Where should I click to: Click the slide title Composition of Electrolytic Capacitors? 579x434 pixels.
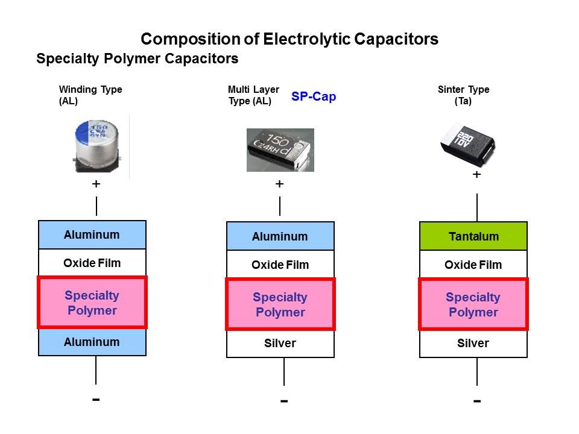289,40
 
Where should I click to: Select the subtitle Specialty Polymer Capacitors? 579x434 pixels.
137,59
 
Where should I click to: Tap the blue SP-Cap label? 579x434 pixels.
314,96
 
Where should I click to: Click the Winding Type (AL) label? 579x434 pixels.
90,95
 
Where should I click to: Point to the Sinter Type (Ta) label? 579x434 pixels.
463,95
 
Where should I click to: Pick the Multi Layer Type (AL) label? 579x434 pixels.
253,95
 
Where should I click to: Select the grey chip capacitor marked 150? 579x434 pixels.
280,149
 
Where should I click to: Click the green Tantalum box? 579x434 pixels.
473,236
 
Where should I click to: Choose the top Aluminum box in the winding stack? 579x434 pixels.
92,234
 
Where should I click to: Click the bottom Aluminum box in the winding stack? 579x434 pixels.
92,342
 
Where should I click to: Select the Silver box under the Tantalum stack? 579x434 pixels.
473,344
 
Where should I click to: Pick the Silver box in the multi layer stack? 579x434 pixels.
280,344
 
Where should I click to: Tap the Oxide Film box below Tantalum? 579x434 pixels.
473,265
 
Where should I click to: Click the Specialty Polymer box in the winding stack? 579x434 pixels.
92,303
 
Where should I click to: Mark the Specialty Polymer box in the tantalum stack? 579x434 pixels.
473,304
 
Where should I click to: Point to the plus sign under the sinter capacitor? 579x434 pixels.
476,175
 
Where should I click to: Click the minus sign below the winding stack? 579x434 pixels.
96,399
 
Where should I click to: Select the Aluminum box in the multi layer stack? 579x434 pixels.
280,236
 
